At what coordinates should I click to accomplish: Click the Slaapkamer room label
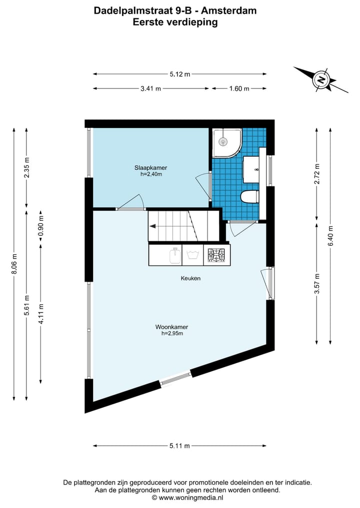(x=150, y=167)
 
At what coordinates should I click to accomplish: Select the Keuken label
(x=191, y=278)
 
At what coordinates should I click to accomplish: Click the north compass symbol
(x=320, y=79)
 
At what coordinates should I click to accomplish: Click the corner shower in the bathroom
(x=226, y=142)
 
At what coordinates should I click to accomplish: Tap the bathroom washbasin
(x=251, y=169)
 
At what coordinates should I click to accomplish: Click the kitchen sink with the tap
(x=174, y=255)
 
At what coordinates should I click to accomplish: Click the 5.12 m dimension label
(x=179, y=74)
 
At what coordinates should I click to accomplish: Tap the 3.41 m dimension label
(x=150, y=88)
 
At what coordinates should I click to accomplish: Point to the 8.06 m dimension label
(x=14, y=263)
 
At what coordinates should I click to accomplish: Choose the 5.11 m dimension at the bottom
(x=179, y=446)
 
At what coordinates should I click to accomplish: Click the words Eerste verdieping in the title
(x=175, y=22)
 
